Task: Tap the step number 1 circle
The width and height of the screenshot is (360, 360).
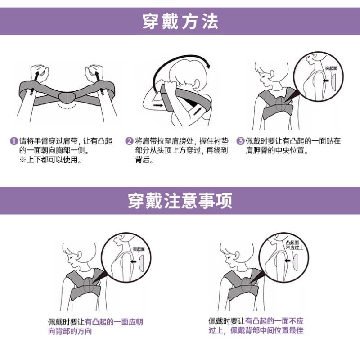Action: coord(14,141)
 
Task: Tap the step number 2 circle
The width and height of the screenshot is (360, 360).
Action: coord(129,141)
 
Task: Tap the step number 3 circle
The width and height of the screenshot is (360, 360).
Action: coord(241,141)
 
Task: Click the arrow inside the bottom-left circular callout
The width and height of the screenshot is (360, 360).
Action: coord(134,261)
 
